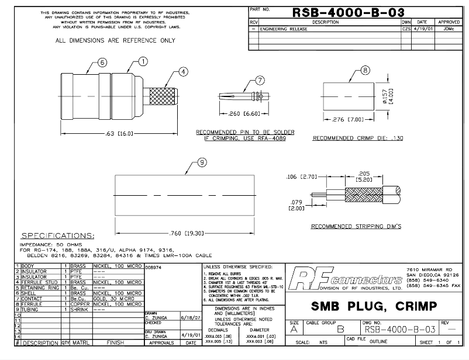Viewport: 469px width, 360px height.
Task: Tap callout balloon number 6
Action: [102, 63]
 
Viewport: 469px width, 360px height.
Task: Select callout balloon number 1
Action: [143, 61]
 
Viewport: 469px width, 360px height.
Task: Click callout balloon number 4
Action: [184, 71]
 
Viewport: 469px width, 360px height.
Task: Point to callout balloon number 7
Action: [260, 81]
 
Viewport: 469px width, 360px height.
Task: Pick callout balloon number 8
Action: [365, 71]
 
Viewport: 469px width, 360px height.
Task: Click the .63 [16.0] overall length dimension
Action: [120, 134]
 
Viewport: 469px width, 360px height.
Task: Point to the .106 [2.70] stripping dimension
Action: [301, 175]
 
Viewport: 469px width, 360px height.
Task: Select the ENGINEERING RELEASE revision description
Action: [283, 28]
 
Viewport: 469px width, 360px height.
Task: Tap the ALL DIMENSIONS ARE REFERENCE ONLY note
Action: [115, 41]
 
